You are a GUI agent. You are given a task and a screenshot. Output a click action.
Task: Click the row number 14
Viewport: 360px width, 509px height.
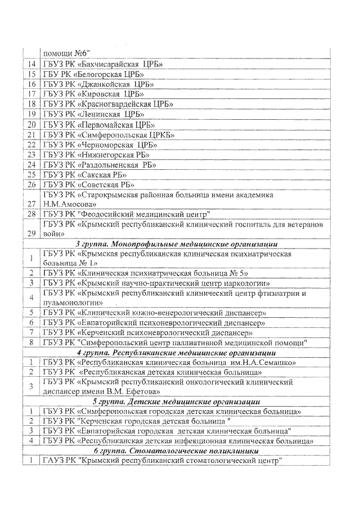(x=31, y=64)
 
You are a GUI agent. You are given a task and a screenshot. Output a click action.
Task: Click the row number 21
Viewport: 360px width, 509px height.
(x=31, y=134)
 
